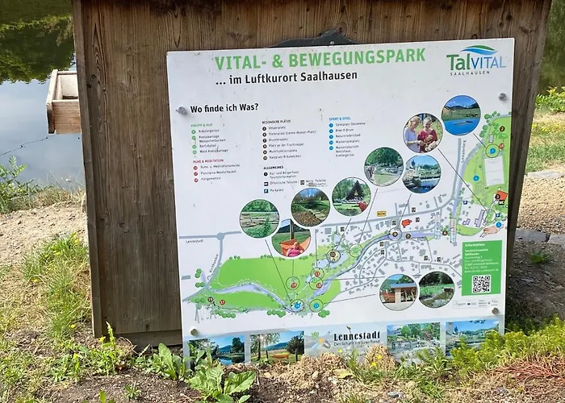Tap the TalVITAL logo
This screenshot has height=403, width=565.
pyautogui.click(x=476, y=59)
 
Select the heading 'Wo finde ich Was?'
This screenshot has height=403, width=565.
pyautogui.click(x=224, y=109)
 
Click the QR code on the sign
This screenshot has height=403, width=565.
pyautogui.click(x=481, y=284)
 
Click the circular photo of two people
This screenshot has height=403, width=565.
pyautogui.click(x=423, y=133)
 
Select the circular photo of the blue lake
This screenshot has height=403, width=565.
pyautogui.click(x=461, y=114)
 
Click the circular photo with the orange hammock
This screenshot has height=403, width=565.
pyautogui.click(x=291, y=239)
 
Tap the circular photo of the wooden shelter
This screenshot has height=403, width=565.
pyautogui.click(x=398, y=292)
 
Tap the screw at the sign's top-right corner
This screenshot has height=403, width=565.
pyautogui.click(x=502, y=98)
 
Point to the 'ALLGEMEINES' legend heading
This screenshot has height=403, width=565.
pyautogui.click(x=273, y=168)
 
